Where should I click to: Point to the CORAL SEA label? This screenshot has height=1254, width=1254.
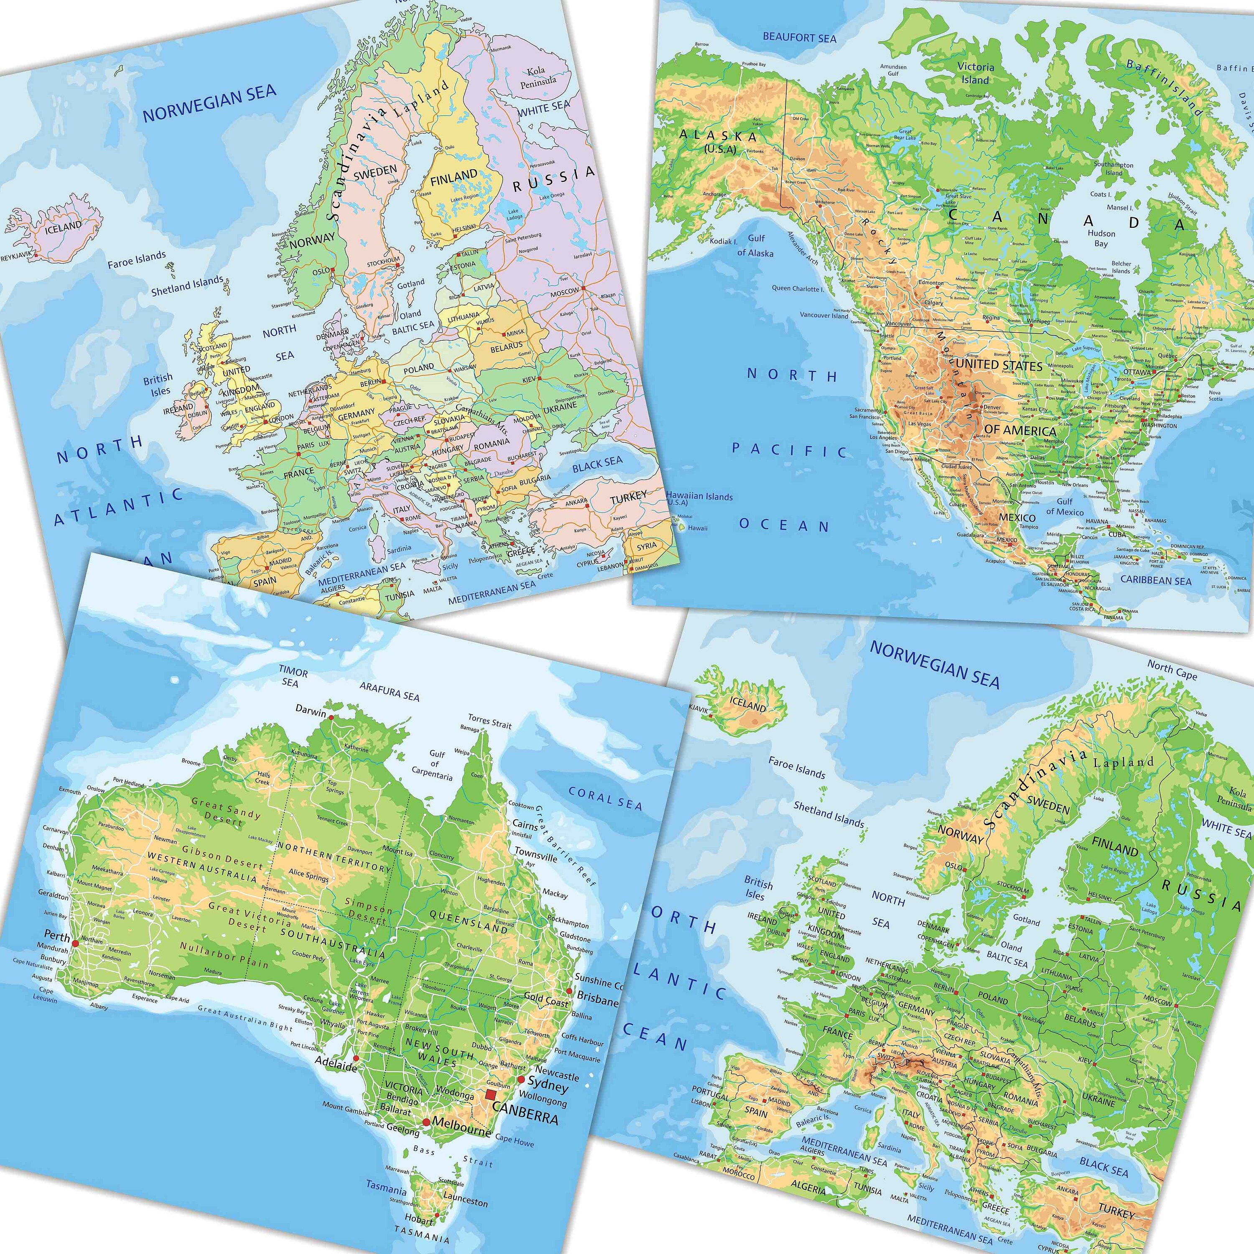(x=605, y=798)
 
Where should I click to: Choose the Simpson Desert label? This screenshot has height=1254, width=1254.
(x=368, y=910)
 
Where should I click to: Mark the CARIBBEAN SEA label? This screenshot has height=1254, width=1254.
(x=1156, y=580)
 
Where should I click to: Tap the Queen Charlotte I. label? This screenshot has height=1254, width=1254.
(x=797, y=288)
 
